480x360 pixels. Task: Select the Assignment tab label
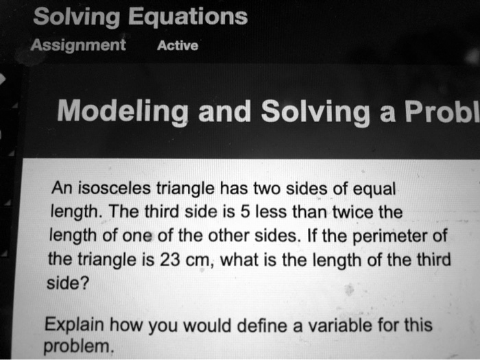pos(78,45)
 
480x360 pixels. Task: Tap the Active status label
pos(178,46)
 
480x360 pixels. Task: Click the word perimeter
pos(386,237)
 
